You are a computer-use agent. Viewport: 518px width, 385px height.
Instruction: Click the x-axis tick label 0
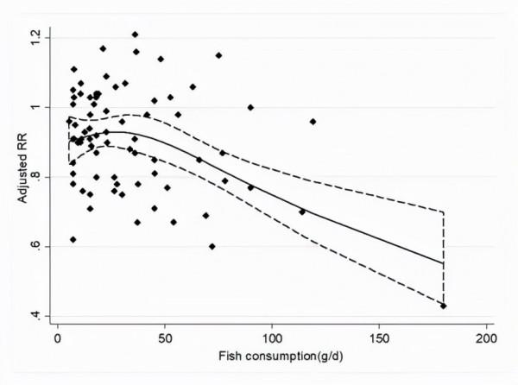click(x=58, y=339)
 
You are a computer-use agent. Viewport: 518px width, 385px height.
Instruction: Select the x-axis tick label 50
click(x=165, y=339)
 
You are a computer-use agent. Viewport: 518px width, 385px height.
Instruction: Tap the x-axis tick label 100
click(x=272, y=339)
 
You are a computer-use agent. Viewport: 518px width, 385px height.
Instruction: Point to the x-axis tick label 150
click(x=379, y=339)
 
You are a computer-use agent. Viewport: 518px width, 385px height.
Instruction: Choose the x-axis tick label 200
click(x=486, y=339)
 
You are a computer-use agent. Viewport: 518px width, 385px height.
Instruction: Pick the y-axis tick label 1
click(x=35, y=107)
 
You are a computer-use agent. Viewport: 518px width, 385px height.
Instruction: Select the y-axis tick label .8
click(x=35, y=177)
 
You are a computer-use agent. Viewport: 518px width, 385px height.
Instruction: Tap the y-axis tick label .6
click(x=35, y=247)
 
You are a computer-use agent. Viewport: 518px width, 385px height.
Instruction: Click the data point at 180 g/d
click(x=444, y=306)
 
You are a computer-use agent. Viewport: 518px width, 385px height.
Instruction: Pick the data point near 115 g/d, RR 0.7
click(x=302, y=211)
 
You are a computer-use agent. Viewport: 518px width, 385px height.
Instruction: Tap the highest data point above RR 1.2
click(x=135, y=35)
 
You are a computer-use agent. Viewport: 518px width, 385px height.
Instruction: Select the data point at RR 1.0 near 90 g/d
click(x=250, y=108)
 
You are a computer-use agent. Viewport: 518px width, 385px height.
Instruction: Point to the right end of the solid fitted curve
click(x=443, y=263)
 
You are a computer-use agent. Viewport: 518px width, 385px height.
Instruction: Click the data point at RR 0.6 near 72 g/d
click(x=212, y=246)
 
